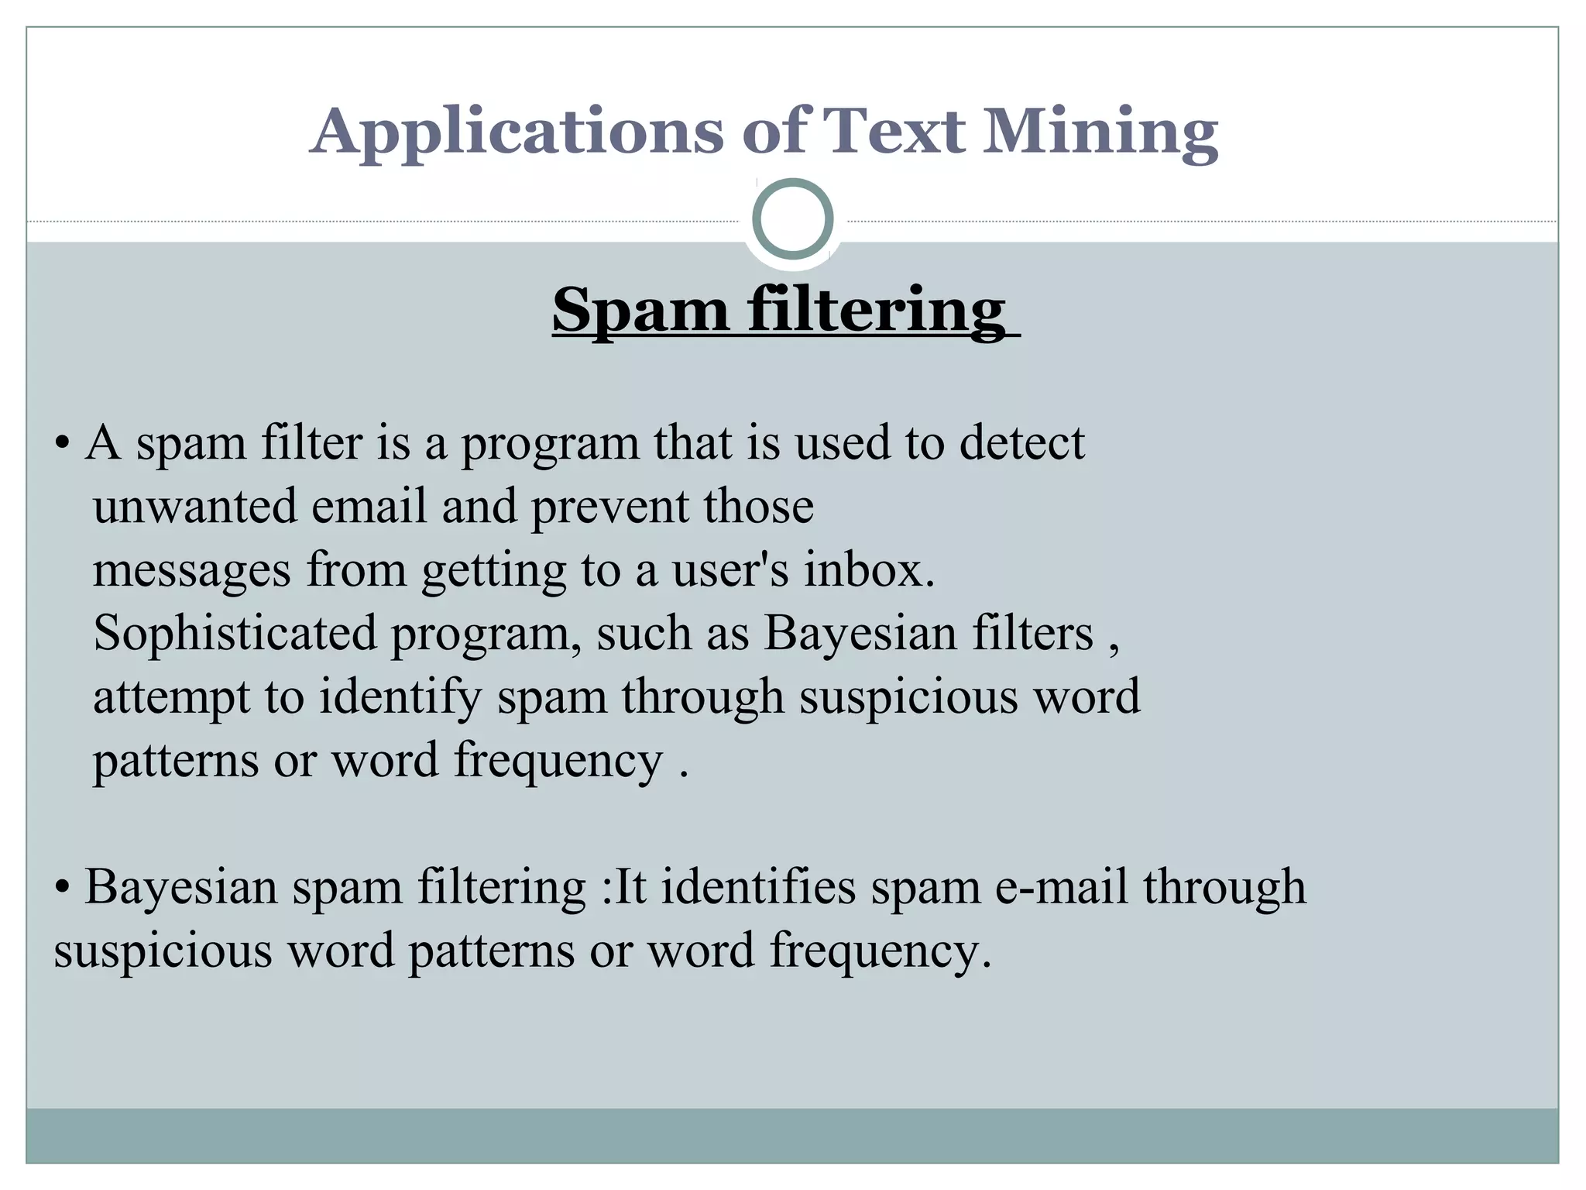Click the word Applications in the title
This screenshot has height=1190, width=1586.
(x=516, y=132)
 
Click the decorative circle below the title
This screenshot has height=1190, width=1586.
(x=792, y=219)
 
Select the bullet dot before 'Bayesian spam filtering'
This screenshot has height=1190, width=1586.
(x=63, y=888)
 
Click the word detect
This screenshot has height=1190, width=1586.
(x=1022, y=443)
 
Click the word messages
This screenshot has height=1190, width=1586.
(x=192, y=571)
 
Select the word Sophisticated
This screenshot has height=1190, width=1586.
(x=235, y=634)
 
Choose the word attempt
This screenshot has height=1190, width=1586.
(x=171, y=697)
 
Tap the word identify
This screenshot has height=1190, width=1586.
(x=400, y=697)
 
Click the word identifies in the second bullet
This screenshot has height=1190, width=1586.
(x=758, y=886)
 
